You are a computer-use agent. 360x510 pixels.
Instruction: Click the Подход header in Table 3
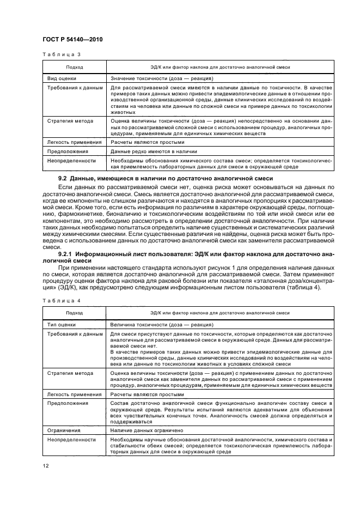click(x=74, y=67)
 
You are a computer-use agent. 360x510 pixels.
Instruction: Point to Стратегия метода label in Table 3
click(x=70, y=121)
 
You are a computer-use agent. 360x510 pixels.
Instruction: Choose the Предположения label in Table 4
click(x=67, y=403)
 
